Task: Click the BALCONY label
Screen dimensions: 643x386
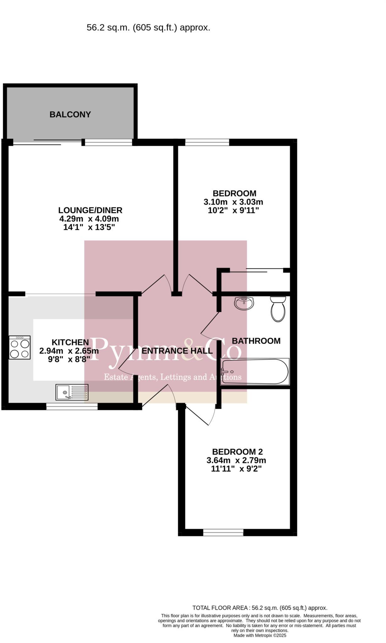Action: (70, 115)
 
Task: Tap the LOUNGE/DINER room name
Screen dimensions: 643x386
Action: (90, 210)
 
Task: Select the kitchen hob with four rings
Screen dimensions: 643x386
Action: (20, 347)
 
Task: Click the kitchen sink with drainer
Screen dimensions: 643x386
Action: (72, 392)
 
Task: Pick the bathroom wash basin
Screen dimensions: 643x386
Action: (244, 303)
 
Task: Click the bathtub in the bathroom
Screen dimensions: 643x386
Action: (255, 372)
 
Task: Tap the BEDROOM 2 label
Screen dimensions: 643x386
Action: (237, 452)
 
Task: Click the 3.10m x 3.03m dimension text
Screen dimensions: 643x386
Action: (233, 202)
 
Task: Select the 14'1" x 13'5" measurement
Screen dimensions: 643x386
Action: (89, 227)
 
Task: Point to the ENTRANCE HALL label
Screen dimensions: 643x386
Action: (177, 351)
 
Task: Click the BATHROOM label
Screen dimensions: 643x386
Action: (256, 341)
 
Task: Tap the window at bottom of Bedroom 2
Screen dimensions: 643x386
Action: (223, 532)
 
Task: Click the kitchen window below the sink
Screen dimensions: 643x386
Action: (72, 407)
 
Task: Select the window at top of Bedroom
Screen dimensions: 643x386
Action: (207, 142)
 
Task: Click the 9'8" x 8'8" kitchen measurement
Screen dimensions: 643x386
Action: (69, 359)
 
